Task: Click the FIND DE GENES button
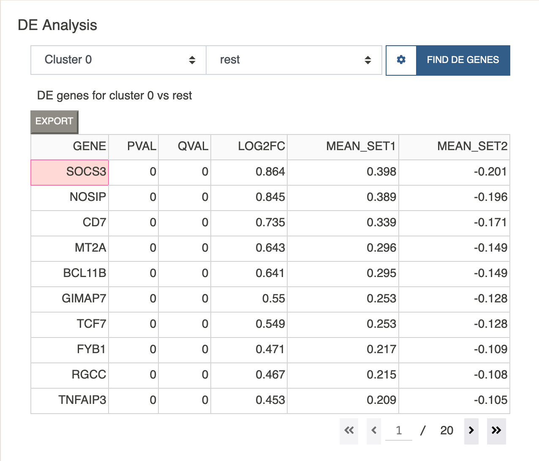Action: pyautogui.click(x=463, y=60)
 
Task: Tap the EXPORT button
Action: pyautogui.click(x=54, y=122)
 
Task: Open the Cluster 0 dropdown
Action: pyautogui.click(x=118, y=60)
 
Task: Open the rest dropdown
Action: pyautogui.click(x=294, y=60)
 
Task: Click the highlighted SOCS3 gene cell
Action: pyautogui.click(x=70, y=172)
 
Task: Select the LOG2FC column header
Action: pyautogui.click(x=261, y=146)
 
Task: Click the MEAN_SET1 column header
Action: pyautogui.click(x=361, y=146)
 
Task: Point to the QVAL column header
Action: pyautogui.click(x=193, y=146)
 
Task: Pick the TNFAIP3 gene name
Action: pyautogui.click(x=82, y=400)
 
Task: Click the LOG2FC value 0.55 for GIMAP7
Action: pyautogui.click(x=274, y=298)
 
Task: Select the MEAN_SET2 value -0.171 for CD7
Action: pyautogui.click(x=490, y=222)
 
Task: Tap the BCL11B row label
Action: pyautogui.click(x=85, y=273)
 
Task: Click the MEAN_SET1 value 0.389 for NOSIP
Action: pyautogui.click(x=381, y=197)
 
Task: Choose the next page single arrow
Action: pyautogui.click(x=471, y=430)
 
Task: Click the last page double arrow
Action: pyautogui.click(x=496, y=430)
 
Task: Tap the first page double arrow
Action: pyautogui.click(x=349, y=430)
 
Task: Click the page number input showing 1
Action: pyautogui.click(x=398, y=431)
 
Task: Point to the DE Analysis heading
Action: pyautogui.click(x=57, y=25)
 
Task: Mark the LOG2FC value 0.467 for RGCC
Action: pyautogui.click(x=270, y=375)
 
